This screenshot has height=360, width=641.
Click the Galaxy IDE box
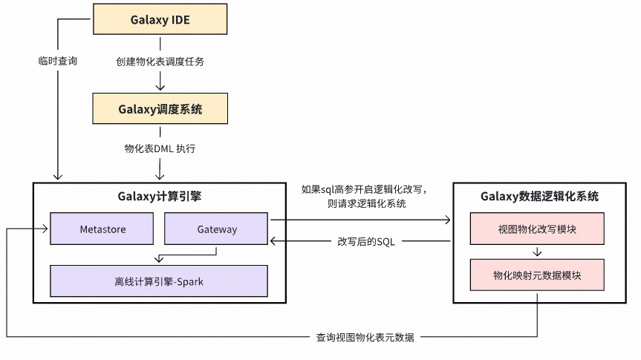[160, 19]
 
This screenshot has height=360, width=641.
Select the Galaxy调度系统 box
[160, 108]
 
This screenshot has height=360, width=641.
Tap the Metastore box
[102, 229]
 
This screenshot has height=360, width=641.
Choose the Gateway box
[216, 229]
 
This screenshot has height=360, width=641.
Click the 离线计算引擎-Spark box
[159, 281]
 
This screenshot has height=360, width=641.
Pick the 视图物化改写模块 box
[537, 229]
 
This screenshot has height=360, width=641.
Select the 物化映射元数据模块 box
[537, 275]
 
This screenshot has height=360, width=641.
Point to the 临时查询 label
[58, 61]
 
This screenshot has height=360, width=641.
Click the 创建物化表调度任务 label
[160, 62]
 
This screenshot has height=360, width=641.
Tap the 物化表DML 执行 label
[160, 148]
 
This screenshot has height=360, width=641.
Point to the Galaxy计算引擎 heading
[160, 197]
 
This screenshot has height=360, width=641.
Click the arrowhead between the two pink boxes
[537, 254]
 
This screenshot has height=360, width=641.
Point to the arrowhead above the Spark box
[158, 260]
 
